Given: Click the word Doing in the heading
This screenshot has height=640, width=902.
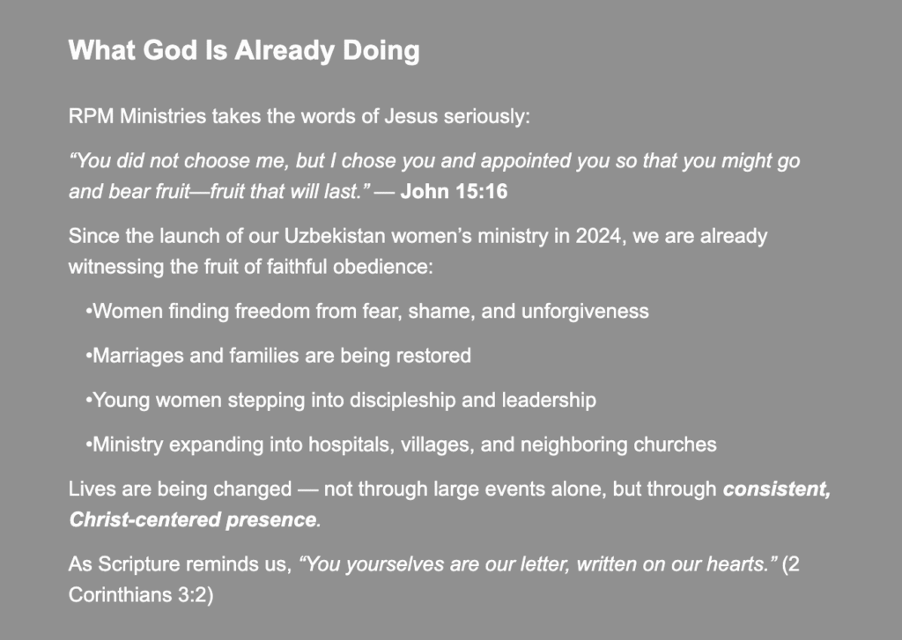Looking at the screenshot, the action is pos(381,50).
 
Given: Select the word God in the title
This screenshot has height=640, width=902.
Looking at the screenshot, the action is pos(170,50).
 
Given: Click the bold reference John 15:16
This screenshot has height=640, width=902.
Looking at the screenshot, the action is pos(454,192).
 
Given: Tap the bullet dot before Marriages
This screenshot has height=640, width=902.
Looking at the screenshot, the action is pos(89,356).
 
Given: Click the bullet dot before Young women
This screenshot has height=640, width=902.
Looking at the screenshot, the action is pos(89,401).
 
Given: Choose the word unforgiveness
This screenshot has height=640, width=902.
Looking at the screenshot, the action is pos(585,311).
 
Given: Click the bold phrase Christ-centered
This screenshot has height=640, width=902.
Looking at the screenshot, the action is pos(145,519).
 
